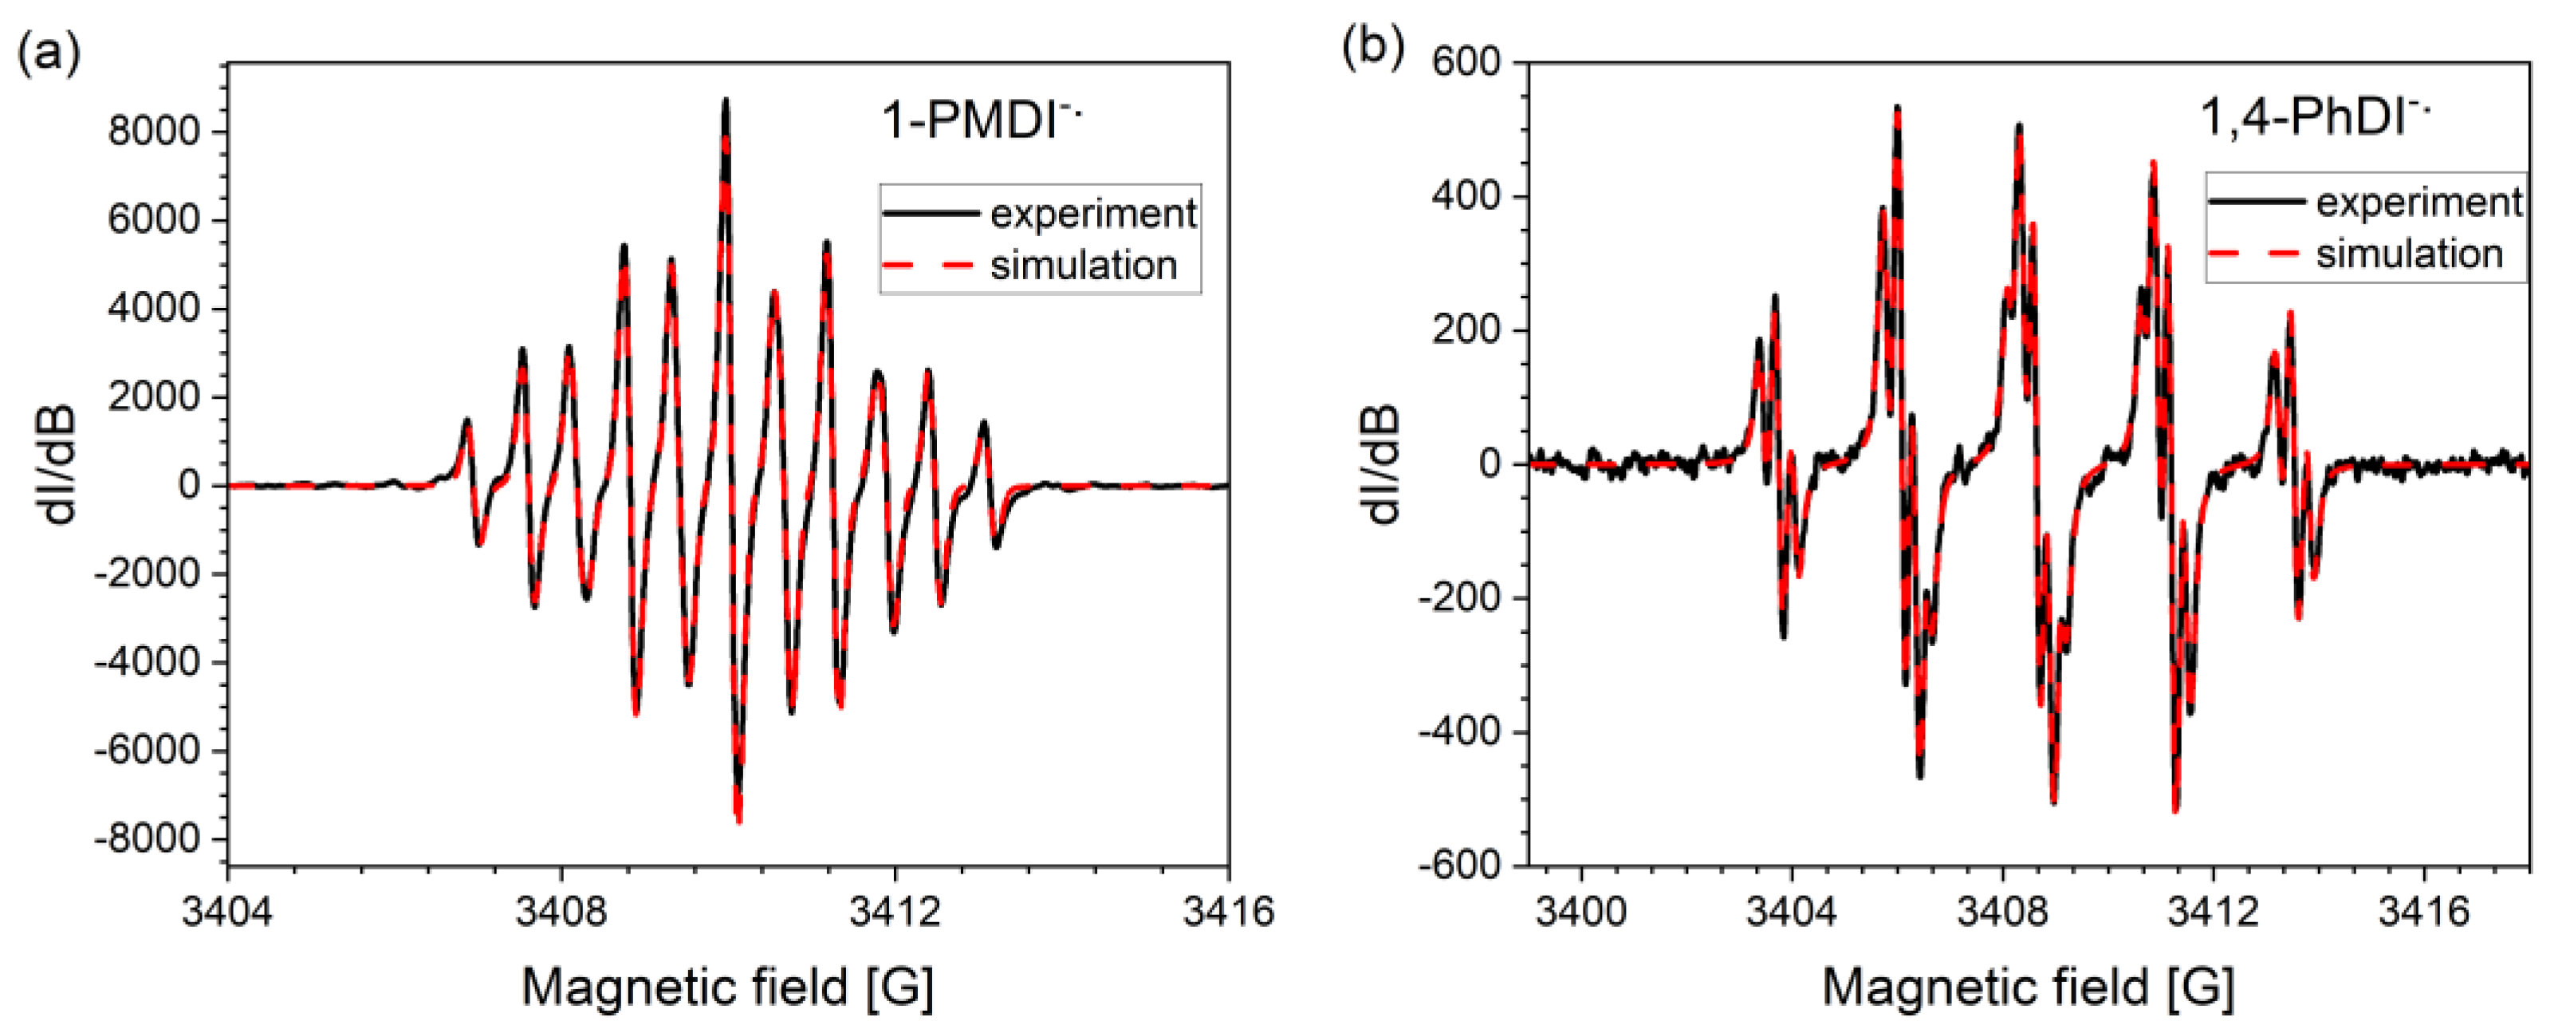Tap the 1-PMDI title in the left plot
981,123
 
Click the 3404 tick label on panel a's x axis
227,912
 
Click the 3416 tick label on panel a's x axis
1227,912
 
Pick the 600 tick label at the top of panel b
1466,61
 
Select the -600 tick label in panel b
1458,865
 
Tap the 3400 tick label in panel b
1581,912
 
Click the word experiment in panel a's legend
1092,213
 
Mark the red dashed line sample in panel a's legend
928,265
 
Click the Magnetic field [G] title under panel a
727,988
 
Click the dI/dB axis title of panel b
1383,463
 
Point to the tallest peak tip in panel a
726,100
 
